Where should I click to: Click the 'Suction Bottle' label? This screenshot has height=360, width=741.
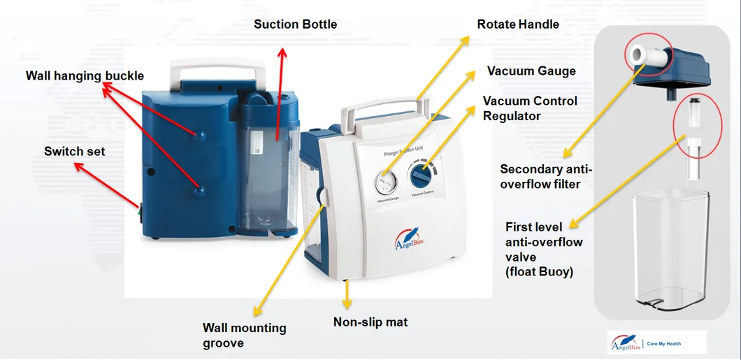[x=295, y=24]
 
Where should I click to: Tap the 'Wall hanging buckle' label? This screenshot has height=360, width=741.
[x=85, y=75]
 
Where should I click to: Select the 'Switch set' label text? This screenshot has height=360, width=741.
[x=74, y=151]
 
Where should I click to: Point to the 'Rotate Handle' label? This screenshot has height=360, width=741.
[x=518, y=24]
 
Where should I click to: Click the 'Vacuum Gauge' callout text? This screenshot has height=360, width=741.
[x=531, y=71]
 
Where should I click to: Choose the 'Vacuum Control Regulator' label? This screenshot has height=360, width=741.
[x=530, y=108]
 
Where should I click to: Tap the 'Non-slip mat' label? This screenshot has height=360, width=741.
[x=370, y=322]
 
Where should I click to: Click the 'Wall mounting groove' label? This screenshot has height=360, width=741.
[x=244, y=335]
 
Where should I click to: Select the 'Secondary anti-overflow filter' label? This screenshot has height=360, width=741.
[x=545, y=176]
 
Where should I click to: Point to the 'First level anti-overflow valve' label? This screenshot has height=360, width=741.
[x=544, y=249]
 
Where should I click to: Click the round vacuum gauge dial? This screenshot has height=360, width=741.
[x=384, y=182]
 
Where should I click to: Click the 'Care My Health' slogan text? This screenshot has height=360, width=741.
[x=663, y=344]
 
